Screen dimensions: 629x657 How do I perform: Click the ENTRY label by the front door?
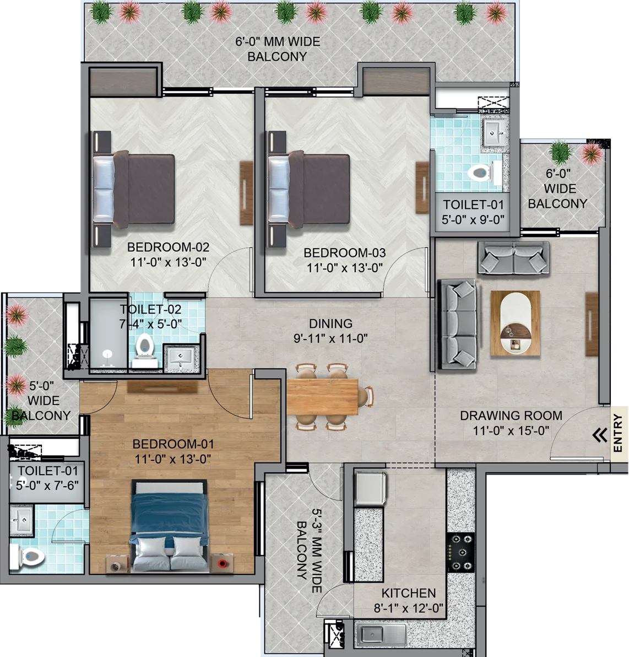617,433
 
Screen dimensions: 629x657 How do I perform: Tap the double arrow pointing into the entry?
600,435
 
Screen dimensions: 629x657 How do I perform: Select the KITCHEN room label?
408,593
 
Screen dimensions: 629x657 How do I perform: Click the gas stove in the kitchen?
460,553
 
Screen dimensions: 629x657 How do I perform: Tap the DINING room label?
330,324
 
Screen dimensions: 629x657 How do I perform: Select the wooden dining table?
322,396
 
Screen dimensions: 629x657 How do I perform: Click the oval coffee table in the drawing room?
516,323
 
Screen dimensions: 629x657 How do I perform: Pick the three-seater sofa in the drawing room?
457,325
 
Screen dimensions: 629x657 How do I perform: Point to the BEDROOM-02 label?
169,247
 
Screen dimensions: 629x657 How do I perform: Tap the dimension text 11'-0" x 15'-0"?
511,430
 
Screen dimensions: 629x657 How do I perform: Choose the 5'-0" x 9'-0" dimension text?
473,219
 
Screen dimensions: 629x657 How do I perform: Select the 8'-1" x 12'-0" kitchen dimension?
408,608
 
